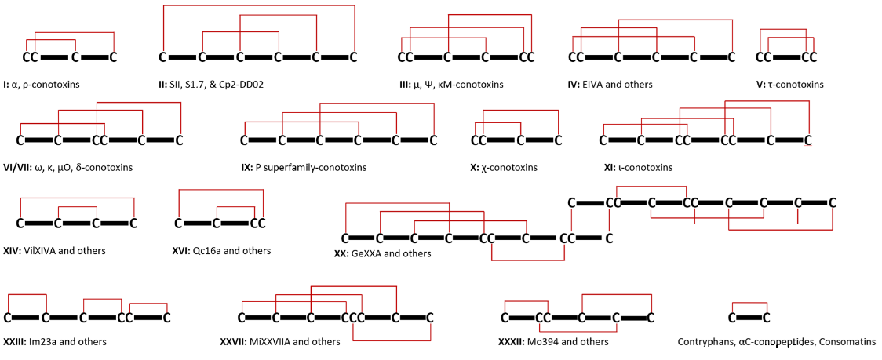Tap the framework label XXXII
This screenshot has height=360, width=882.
[511, 342]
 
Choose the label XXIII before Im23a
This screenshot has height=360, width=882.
[13, 342]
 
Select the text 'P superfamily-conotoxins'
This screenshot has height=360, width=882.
[311, 167]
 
